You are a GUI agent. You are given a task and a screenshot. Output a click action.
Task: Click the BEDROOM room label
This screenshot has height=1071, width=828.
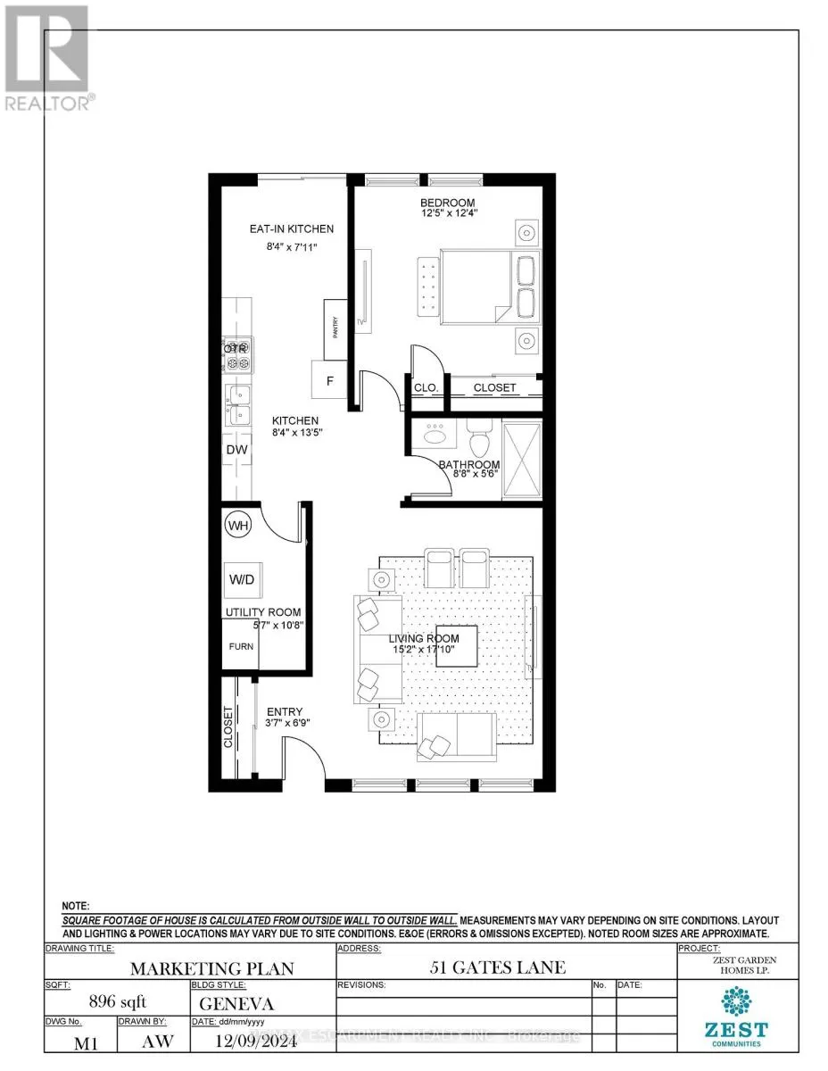click(448, 203)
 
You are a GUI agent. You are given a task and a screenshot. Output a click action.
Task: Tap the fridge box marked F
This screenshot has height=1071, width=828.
click(329, 380)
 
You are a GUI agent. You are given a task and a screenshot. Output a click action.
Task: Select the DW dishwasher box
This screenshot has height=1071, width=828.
click(236, 450)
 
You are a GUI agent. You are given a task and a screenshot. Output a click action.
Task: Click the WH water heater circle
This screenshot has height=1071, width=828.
click(237, 526)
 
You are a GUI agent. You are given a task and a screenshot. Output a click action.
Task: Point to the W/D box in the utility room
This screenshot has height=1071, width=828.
click(242, 580)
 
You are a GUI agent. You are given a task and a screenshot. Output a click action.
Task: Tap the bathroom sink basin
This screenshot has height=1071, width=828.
click(435, 436)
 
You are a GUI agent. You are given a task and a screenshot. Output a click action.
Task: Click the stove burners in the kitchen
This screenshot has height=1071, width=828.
click(237, 355)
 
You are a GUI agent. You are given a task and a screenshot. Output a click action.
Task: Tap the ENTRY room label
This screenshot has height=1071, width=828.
click(285, 711)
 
